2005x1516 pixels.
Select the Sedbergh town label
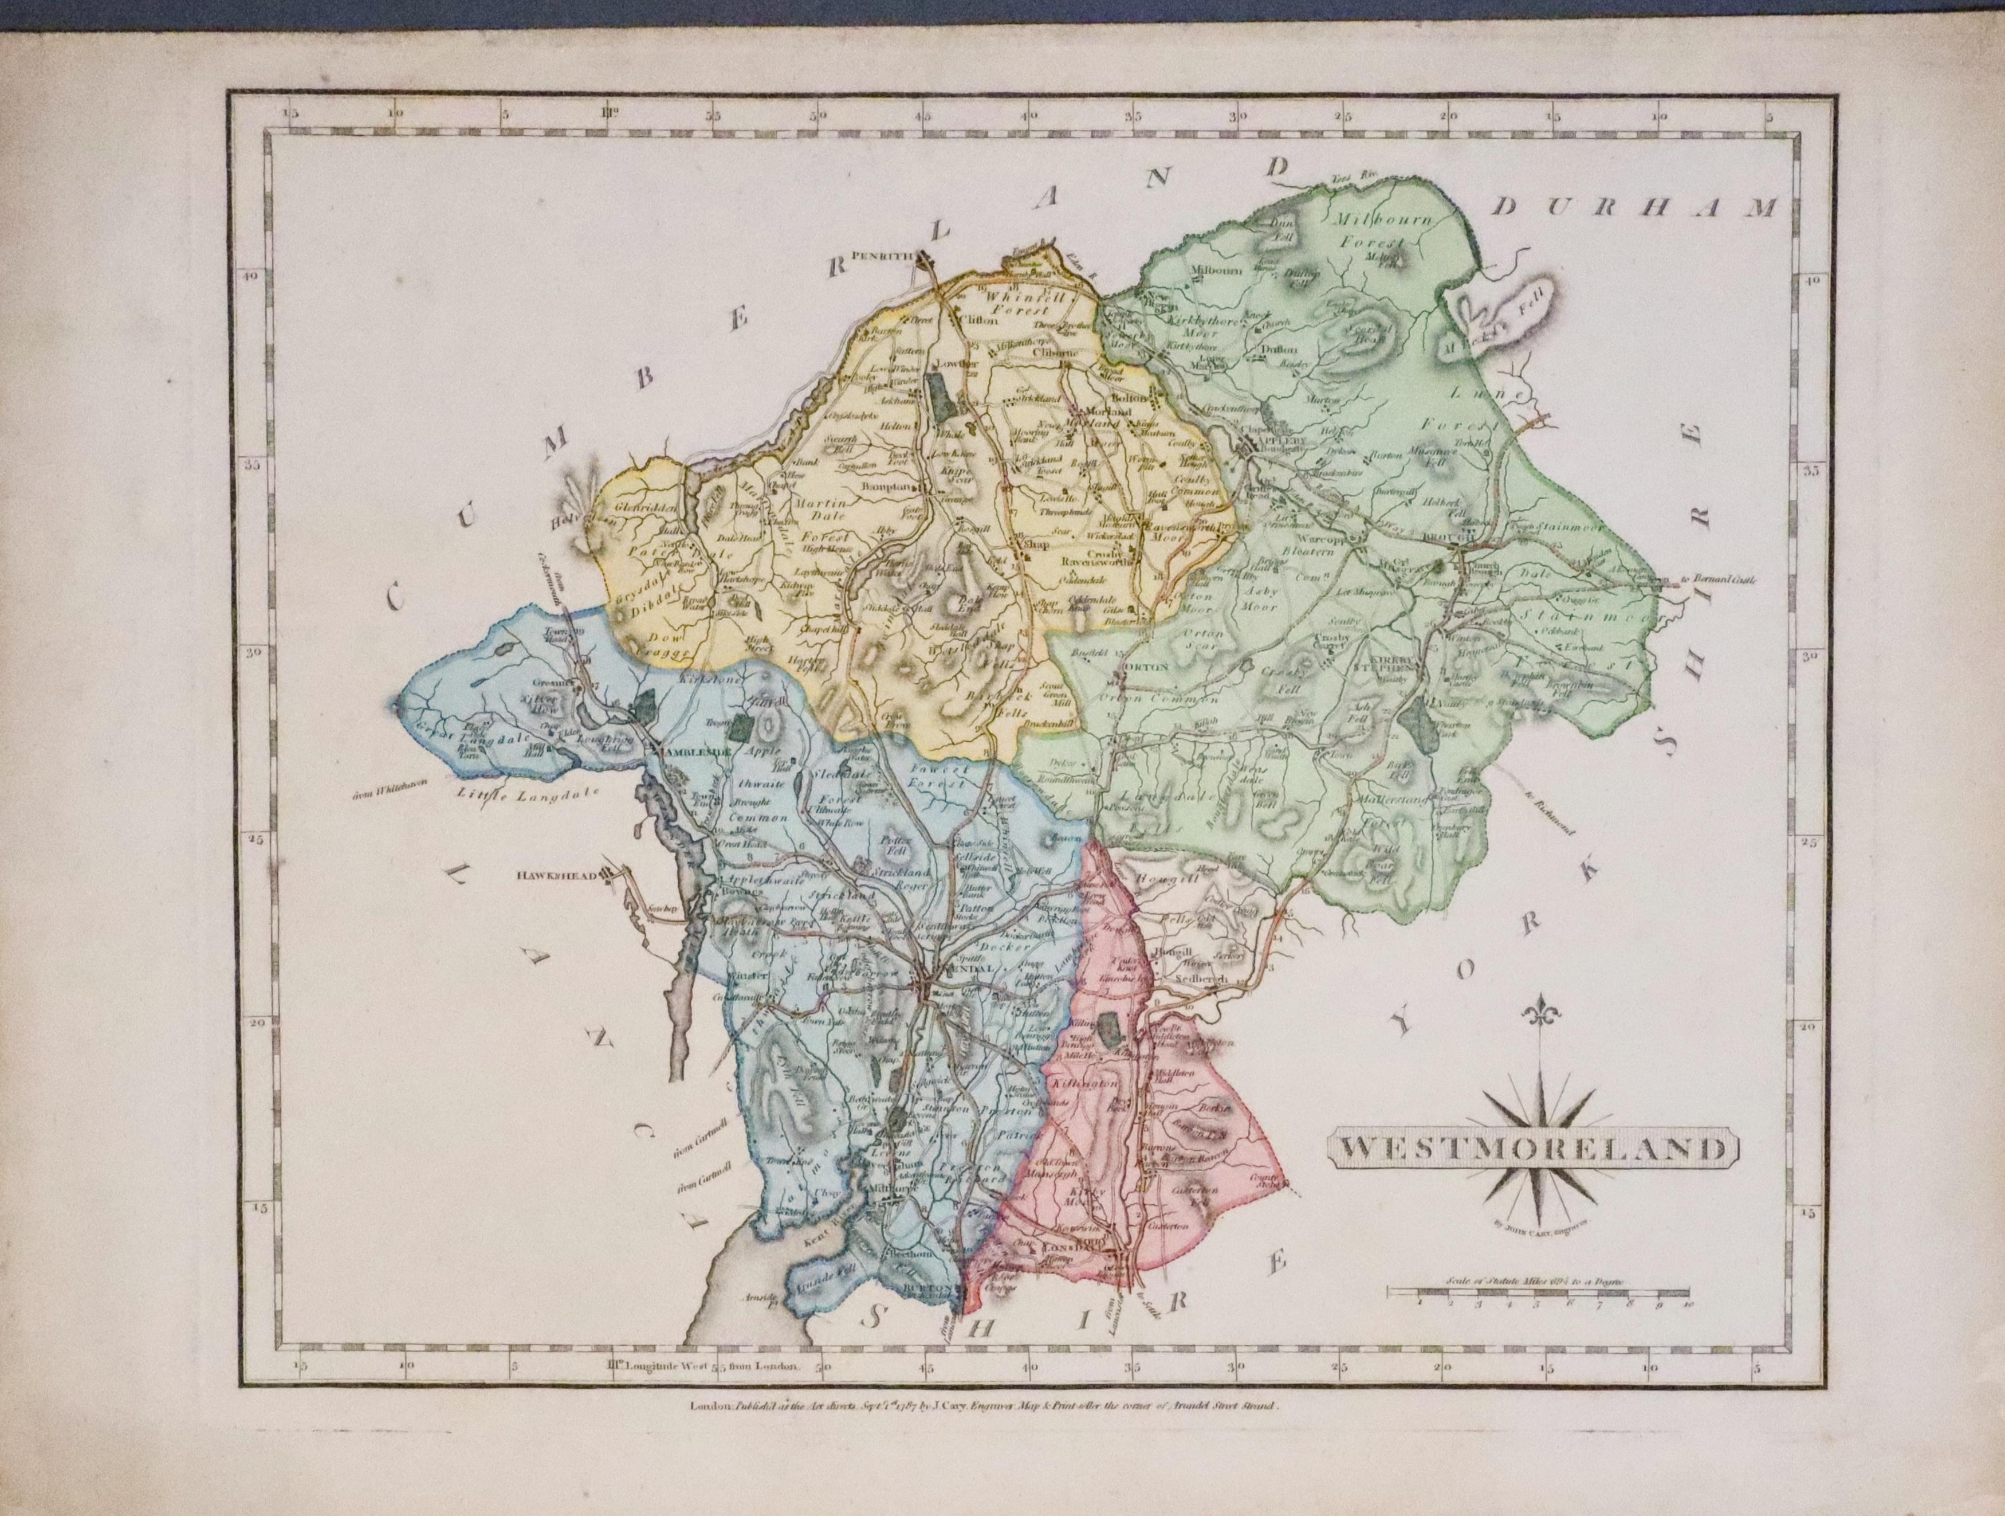coord(1202,980)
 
